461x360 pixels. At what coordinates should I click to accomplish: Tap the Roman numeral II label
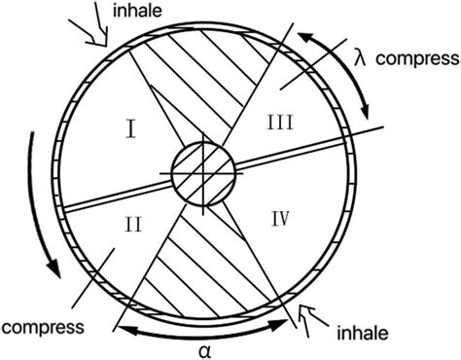[x=134, y=225]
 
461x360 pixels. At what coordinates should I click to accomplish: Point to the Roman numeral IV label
[x=280, y=219]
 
